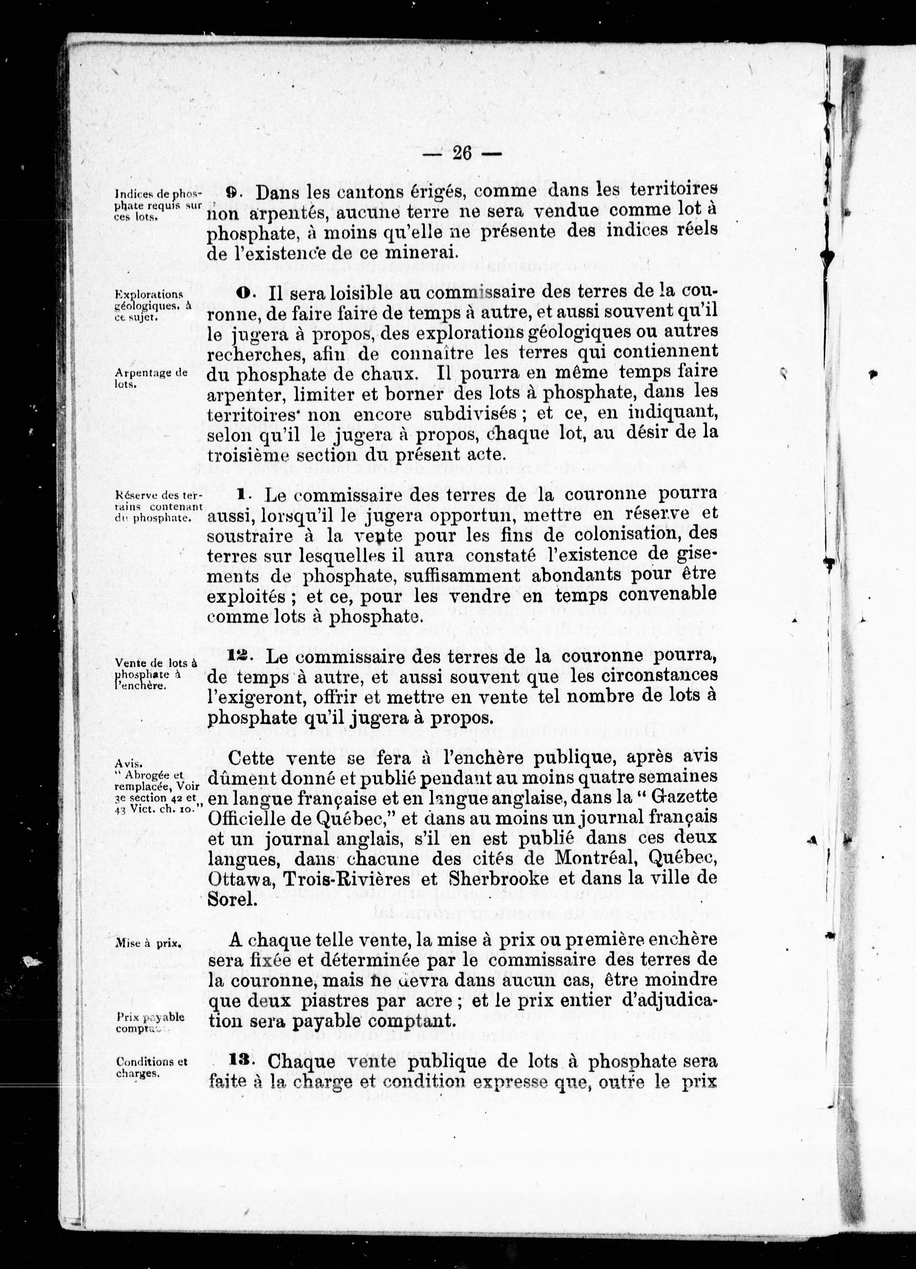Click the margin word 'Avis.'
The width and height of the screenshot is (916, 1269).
click(128, 763)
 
